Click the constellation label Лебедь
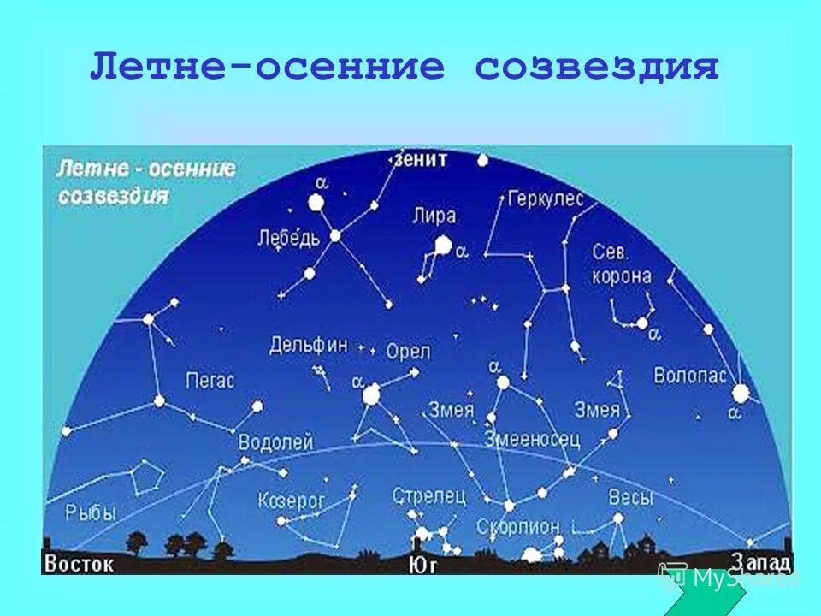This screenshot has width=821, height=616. coord(288,238)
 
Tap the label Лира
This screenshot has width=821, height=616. coord(434,216)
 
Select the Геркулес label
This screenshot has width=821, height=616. coord(545,199)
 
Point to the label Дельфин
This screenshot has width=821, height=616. coord(309,345)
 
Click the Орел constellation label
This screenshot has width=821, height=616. coord(408,352)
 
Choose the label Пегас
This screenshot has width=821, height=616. coord(210,381)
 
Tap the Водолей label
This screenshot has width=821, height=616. coord(275,442)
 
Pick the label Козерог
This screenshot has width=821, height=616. coord(292,501)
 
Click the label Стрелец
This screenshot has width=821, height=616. coord(429,495)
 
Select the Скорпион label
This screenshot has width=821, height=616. coord(518,526)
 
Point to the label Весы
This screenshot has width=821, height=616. coord(631,497)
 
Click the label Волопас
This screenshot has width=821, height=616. coord(689,375)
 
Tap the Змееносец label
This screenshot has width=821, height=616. coord(532,439)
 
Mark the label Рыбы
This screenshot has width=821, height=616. coord(90,512)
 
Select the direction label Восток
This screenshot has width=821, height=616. coord(78,565)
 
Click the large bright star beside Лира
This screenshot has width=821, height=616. coord(442,246)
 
